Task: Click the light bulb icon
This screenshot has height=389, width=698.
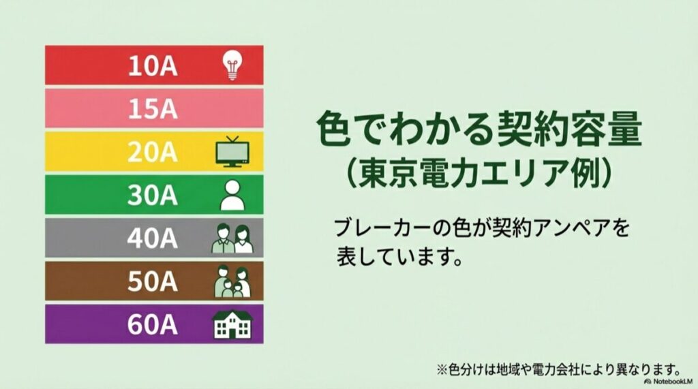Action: [x=232, y=65]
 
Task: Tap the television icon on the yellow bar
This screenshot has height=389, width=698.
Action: [x=232, y=152]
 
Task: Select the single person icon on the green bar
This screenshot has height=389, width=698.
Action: [x=232, y=196]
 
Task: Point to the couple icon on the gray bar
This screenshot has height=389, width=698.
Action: [x=232, y=238]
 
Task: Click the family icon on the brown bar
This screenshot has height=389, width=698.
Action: [x=232, y=281]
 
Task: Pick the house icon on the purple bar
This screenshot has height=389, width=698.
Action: [x=232, y=325]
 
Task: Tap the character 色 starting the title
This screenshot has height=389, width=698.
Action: [x=335, y=129]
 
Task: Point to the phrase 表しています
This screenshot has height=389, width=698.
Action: [x=395, y=258]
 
